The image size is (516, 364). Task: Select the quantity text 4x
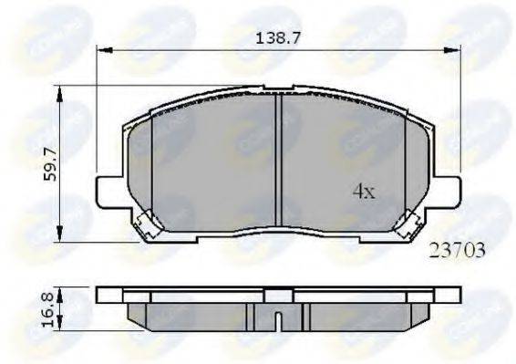[x=365, y=192]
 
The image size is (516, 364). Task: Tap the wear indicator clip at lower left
[x=145, y=224]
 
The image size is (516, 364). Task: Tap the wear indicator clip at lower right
[x=408, y=224]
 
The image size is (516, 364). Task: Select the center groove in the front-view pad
[x=277, y=164]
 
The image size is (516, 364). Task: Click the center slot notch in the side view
[x=277, y=319]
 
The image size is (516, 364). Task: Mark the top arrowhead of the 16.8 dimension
[x=60, y=291]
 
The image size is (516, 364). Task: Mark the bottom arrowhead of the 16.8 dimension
[x=60, y=329]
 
